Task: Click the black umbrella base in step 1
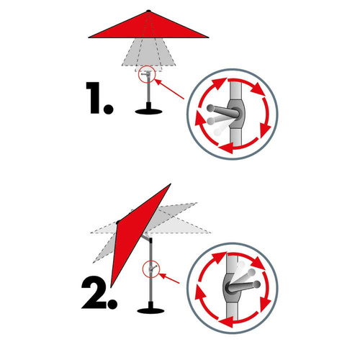[x=148, y=109]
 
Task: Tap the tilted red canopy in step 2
[x=137, y=230]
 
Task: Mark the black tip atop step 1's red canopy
[x=148, y=10]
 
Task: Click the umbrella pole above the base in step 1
[x=148, y=94]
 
